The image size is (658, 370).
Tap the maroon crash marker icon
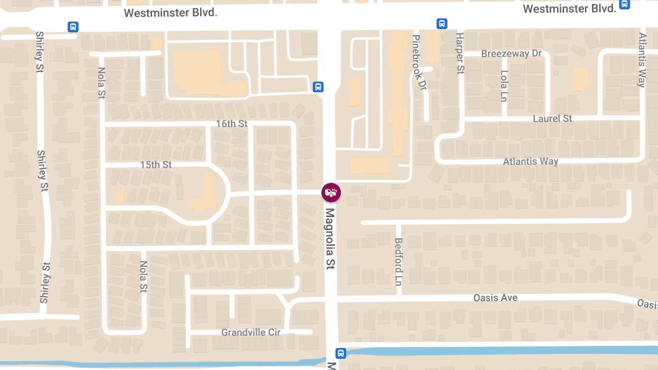331,192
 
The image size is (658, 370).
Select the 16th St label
232,124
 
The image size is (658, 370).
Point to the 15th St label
156,164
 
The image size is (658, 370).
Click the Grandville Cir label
251,333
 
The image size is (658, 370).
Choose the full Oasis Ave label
495,298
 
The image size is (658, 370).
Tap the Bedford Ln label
399,262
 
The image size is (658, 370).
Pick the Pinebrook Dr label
418,62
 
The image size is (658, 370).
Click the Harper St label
460,53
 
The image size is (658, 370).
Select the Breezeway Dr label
511,54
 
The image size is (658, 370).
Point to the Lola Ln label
504,86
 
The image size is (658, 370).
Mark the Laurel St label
552,118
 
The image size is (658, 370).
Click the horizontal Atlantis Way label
530,162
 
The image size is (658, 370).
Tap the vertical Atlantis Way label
642,60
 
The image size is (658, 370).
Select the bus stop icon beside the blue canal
341,354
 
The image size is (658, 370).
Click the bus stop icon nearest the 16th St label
318,87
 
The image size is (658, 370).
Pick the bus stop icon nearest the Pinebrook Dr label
442,24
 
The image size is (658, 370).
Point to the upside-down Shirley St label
43,283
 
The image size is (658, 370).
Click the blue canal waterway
493,350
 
